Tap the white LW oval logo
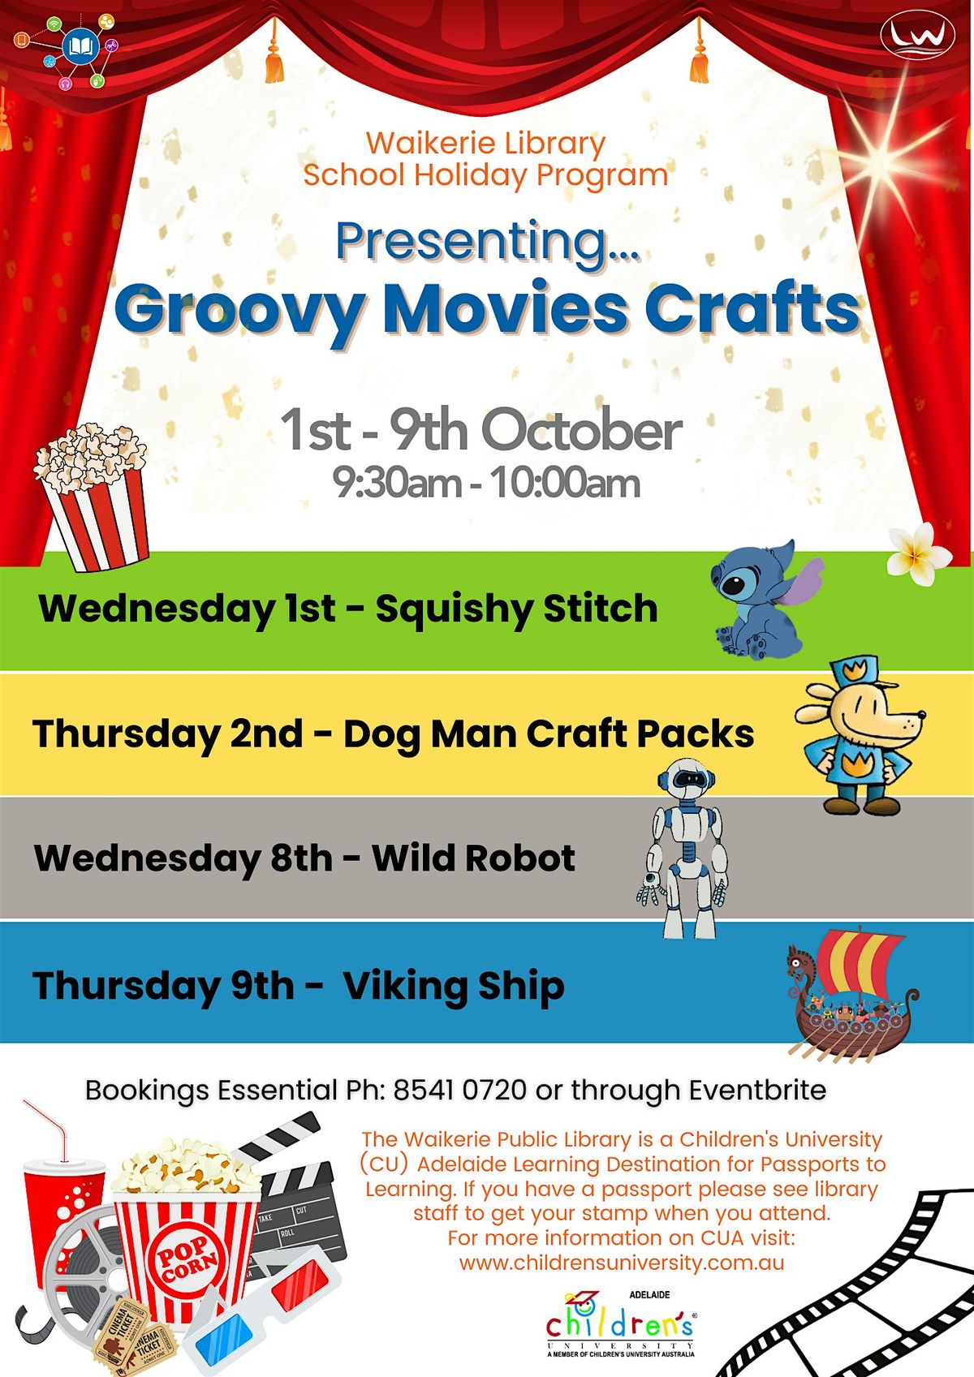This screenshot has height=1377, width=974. point(917,35)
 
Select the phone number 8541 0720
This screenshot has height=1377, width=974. point(460,1090)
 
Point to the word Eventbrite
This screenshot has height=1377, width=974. point(757,1090)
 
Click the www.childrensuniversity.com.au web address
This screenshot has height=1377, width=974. point(622,1263)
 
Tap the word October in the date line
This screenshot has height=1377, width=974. point(582,431)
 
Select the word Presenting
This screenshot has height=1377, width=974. point(479,242)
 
